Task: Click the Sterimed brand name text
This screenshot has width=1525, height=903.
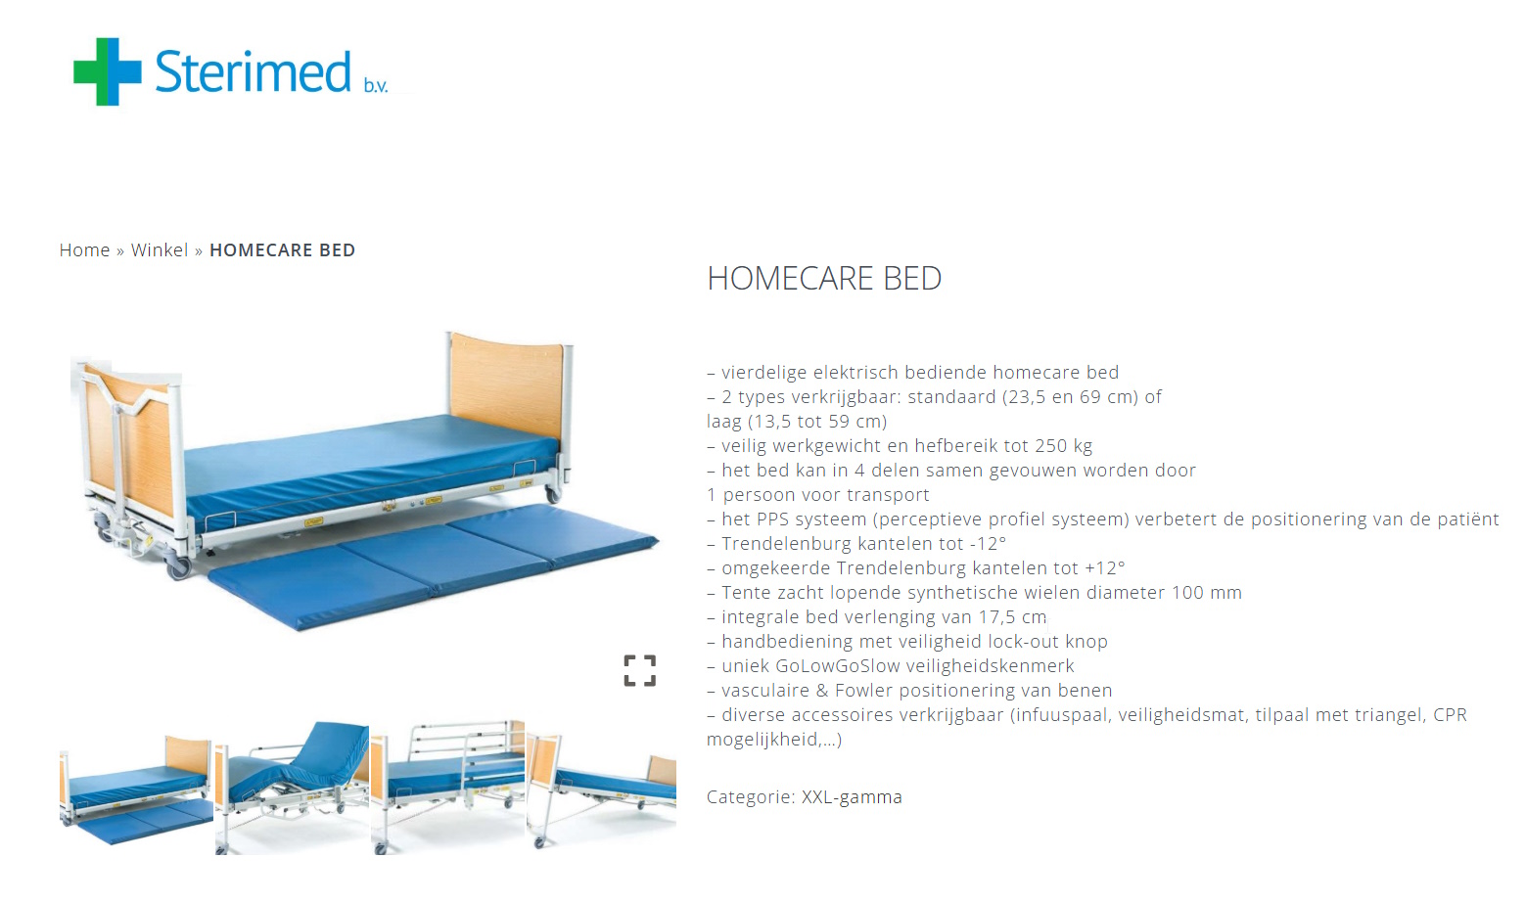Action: (x=253, y=72)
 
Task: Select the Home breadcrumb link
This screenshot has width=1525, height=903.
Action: (x=84, y=250)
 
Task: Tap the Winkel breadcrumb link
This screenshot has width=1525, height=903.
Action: (x=160, y=250)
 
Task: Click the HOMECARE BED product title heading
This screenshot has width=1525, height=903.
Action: (x=824, y=279)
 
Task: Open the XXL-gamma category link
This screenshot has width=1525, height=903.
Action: (x=852, y=797)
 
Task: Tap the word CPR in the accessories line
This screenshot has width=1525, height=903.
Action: (x=1450, y=715)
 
